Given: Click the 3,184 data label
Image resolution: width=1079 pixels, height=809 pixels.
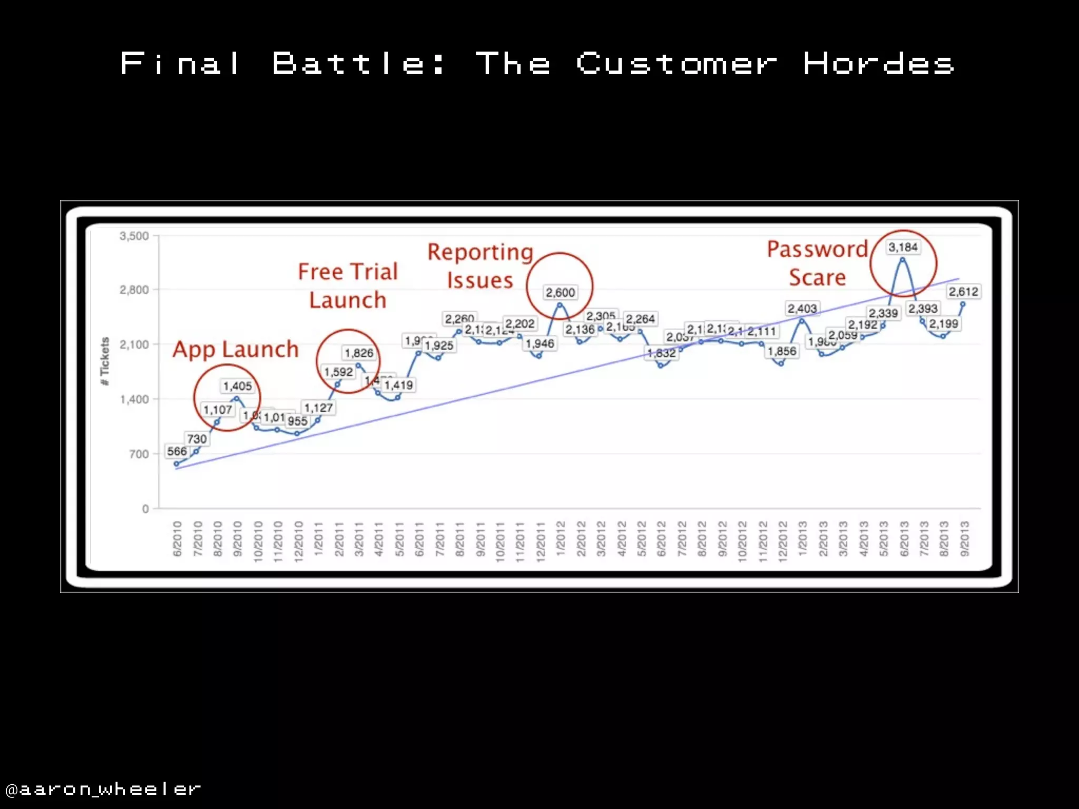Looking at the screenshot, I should click(x=903, y=247).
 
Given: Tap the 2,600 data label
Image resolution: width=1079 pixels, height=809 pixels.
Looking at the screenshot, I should click(x=560, y=292).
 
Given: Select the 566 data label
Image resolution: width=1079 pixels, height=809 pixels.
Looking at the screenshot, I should click(x=177, y=451).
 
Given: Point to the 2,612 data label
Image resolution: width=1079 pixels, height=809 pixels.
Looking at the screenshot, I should click(x=964, y=291).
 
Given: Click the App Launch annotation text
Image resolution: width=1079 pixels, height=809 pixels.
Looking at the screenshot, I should click(x=236, y=349).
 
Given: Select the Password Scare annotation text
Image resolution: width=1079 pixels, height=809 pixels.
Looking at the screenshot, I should click(x=817, y=263).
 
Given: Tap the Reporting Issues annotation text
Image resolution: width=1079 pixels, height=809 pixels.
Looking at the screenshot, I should click(x=480, y=266).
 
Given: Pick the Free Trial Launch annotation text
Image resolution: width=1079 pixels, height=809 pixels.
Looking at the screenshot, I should click(x=348, y=285).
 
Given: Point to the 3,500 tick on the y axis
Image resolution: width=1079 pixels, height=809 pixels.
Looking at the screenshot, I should click(x=134, y=236).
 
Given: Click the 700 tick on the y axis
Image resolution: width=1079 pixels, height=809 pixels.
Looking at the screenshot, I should click(x=139, y=454).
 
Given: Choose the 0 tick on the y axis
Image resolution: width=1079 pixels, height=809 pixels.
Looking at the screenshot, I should click(x=145, y=509).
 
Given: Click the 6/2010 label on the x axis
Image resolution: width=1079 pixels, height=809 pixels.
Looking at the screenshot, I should click(x=178, y=538).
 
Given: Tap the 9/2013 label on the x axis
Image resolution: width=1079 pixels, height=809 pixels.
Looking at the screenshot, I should click(x=965, y=538).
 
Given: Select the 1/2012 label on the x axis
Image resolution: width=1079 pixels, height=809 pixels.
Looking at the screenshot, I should click(x=561, y=538).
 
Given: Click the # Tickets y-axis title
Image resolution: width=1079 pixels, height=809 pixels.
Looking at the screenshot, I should click(x=105, y=361).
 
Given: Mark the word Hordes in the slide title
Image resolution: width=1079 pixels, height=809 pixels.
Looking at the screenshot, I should click(x=878, y=64).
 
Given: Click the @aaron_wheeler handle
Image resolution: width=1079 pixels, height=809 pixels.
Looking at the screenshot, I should click(x=103, y=789).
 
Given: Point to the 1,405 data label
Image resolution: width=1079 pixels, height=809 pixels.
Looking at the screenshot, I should click(x=238, y=386).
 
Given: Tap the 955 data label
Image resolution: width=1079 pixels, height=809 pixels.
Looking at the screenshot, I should click(x=298, y=421).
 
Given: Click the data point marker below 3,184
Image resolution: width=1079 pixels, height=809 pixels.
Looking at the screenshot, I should click(x=903, y=260).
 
